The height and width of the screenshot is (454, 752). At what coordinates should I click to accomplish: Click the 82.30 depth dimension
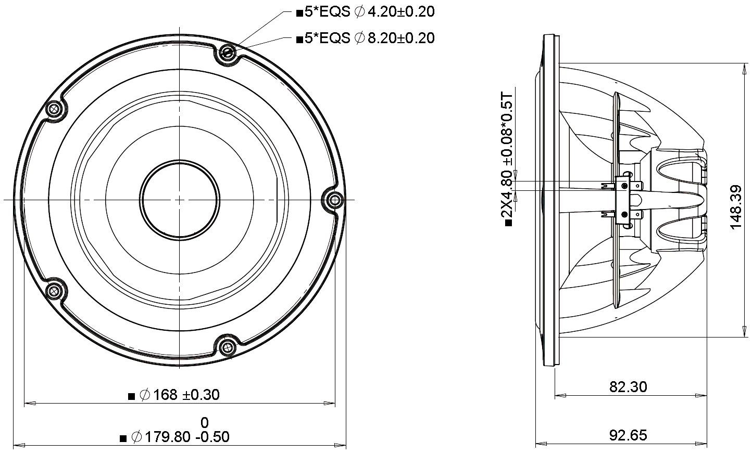tap(628, 387)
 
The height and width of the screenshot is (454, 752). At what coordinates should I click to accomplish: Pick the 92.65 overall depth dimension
tap(628, 435)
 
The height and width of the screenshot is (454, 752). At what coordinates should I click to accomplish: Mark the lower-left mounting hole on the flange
tap(54, 291)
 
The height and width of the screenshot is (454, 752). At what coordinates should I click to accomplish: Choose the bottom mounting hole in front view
tap(227, 347)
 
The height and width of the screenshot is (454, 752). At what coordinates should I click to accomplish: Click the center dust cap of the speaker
tap(179, 200)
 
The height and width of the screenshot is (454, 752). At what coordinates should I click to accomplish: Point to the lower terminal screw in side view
tap(623, 214)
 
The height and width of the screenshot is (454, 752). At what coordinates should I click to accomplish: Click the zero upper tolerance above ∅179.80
tap(205, 422)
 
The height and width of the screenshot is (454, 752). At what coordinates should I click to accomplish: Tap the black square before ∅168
tap(132, 396)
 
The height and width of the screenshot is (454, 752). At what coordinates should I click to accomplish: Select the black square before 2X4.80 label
tap(508, 223)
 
